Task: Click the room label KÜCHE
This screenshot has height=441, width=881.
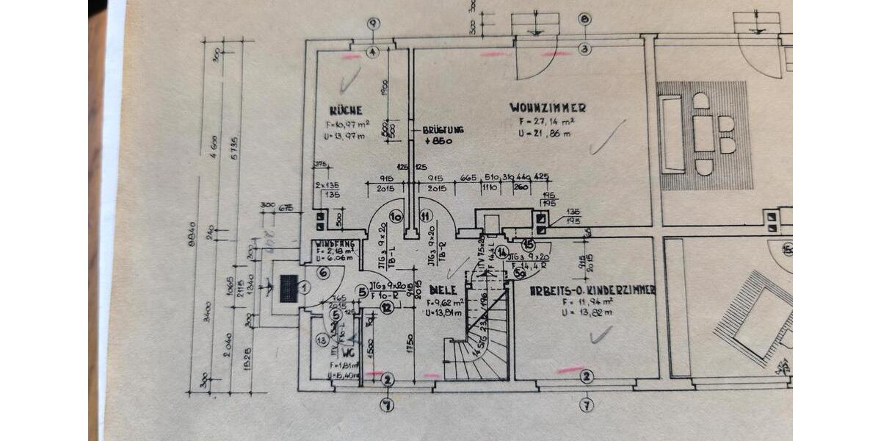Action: click(345, 110)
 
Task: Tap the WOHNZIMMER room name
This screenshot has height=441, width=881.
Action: click(548, 108)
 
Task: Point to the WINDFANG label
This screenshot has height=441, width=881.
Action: click(336, 243)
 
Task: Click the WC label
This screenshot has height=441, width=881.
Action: click(349, 351)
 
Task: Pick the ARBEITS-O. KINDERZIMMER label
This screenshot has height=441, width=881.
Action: click(592, 290)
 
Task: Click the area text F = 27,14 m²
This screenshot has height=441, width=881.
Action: click(543, 122)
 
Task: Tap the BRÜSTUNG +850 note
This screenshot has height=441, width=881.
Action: click(443, 135)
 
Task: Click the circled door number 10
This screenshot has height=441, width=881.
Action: click(396, 216)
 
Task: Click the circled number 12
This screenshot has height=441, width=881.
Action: click(387, 307)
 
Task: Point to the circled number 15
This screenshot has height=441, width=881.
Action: click(527, 244)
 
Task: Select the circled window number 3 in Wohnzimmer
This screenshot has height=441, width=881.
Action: click(584, 50)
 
